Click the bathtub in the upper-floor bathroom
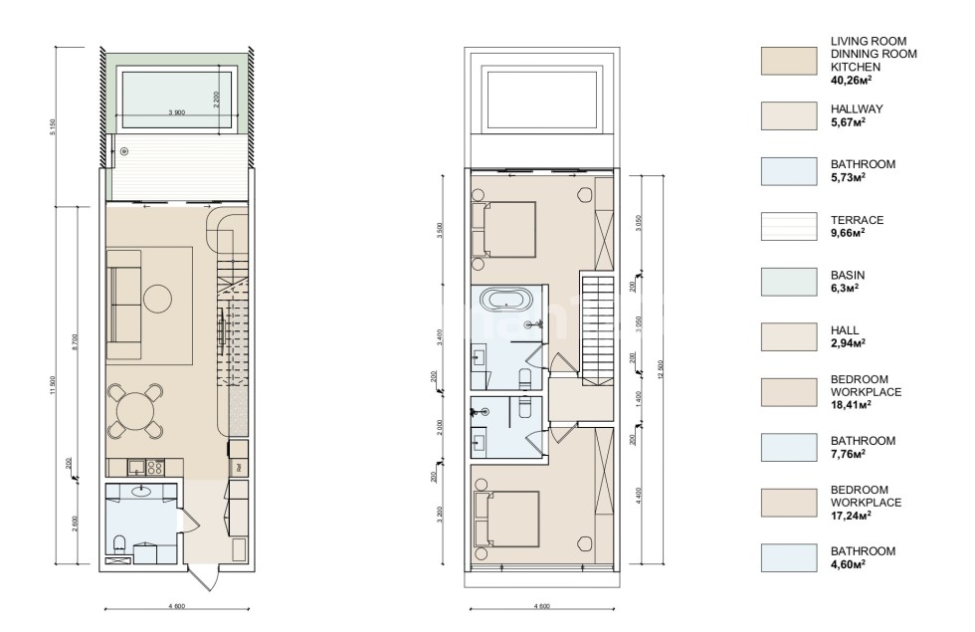pos(507,299)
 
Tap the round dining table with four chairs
pos(135,409)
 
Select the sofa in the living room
pos(123,304)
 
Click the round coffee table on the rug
pos(158,299)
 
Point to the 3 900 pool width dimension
pos(178,112)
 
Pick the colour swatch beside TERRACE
pos(788,227)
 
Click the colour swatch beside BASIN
pos(788,282)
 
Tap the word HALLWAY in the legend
pos(857,108)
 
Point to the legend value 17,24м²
pos(851,517)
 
